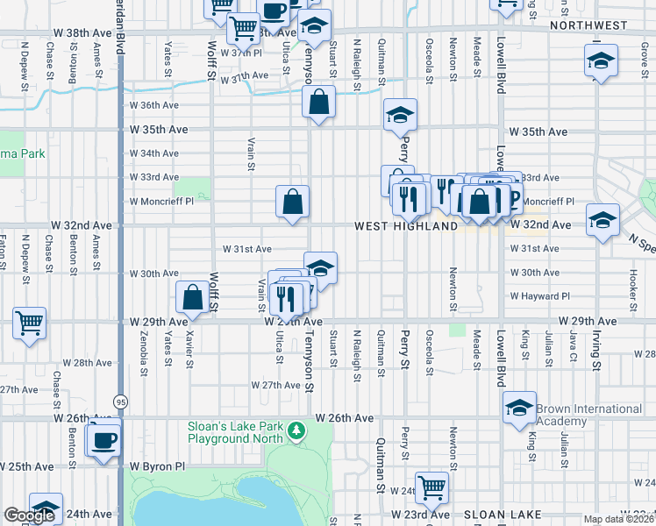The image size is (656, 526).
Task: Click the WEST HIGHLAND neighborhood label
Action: pos(406,226)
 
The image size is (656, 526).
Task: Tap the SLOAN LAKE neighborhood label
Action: pos(503,514)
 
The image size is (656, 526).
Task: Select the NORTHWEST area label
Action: pos(588,25)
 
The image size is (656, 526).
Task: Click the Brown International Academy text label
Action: pos(588,415)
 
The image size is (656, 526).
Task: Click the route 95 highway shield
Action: pos(120,401)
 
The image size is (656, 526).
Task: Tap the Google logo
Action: pos(29,515)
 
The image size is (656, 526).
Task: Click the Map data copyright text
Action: pos(619,519)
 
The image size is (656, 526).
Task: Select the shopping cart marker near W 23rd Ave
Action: pos(432,487)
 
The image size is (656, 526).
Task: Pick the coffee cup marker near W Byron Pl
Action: pos(104,438)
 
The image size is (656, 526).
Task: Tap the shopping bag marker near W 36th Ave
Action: pos(319,101)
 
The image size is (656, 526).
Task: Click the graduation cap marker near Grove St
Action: pos(601,61)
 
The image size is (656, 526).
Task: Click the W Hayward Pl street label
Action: pos(540,296)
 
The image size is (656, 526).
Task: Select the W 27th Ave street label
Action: pos(275,385)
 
